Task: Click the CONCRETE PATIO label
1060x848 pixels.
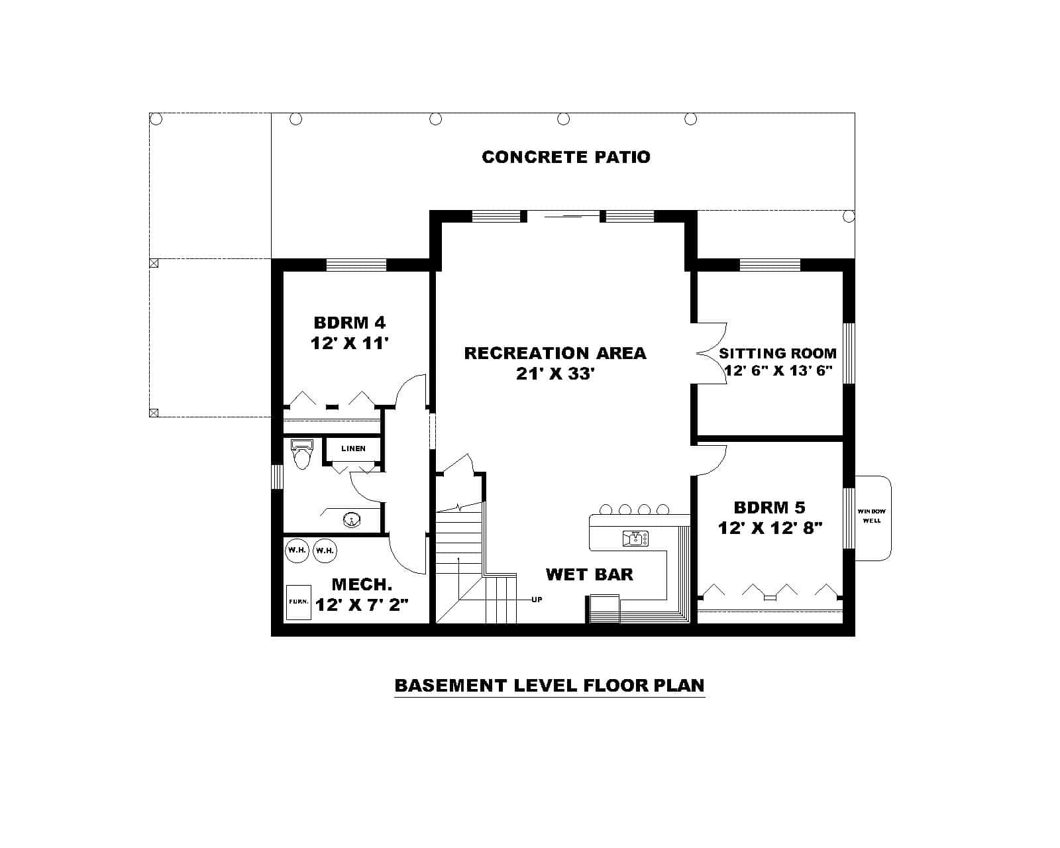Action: pyautogui.click(x=566, y=157)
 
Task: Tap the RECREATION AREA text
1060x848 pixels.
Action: pyautogui.click(x=555, y=353)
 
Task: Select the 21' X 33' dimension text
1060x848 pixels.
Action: pyautogui.click(x=555, y=374)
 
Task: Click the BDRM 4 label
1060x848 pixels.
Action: pyautogui.click(x=349, y=323)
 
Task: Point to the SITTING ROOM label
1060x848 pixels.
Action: pyautogui.click(x=777, y=353)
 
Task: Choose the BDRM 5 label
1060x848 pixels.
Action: pyautogui.click(x=769, y=507)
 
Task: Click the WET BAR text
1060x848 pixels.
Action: pyautogui.click(x=589, y=574)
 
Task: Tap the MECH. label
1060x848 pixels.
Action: pyautogui.click(x=362, y=584)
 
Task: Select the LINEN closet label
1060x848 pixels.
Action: pyautogui.click(x=353, y=449)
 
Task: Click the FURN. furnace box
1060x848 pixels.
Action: pyautogui.click(x=298, y=602)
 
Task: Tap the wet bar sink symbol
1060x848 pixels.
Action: pyautogui.click(x=635, y=539)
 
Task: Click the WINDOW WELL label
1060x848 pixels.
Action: pyautogui.click(x=871, y=516)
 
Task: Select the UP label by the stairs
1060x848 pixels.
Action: pyautogui.click(x=537, y=600)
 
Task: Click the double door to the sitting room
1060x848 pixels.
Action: pyautogui.click(x=712, y=353)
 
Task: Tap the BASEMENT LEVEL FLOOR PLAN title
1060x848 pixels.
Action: pyautogui.click(x=549, y=685)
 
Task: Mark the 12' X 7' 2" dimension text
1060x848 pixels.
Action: pyautogui.click(x=362, y=605)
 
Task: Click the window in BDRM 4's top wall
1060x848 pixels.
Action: pyautogui.click(x=356, y=265)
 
